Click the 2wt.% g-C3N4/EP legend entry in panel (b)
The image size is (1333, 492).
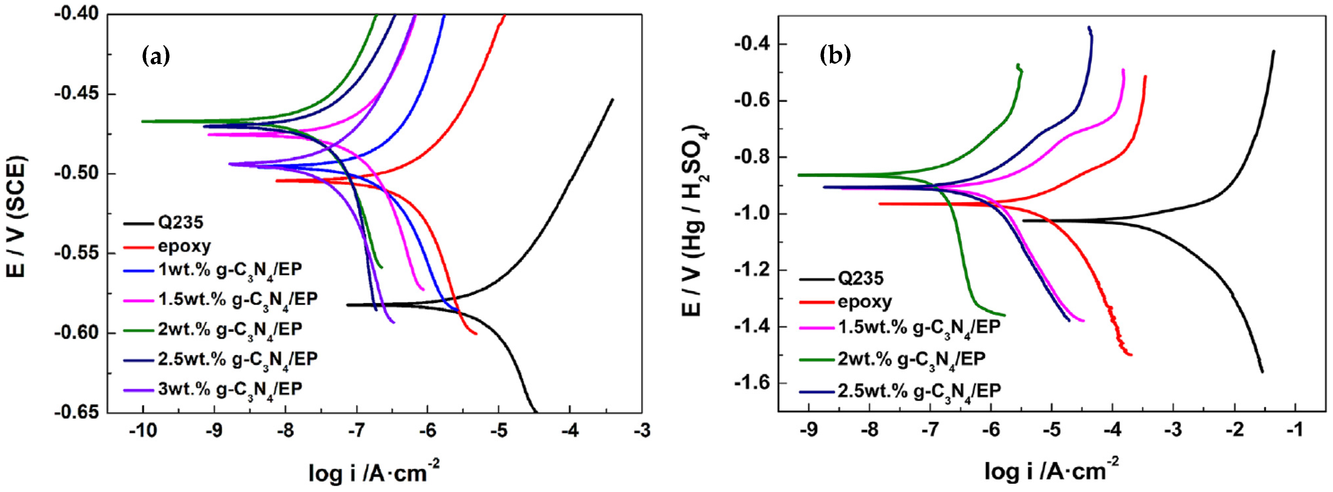click(x=911, y=358)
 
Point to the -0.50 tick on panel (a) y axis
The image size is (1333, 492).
click(x=78, y=174)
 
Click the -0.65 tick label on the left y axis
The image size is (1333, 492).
click(x=78, y=412)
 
